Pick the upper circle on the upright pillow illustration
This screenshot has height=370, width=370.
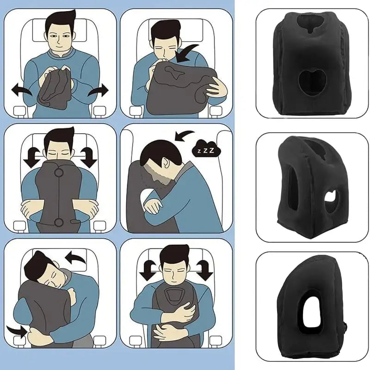click(59, 174)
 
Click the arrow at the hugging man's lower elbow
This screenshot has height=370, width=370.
click(19, 331)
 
